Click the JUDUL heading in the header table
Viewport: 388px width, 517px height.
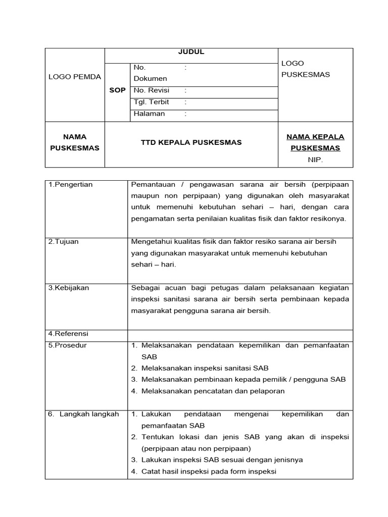point(191,51)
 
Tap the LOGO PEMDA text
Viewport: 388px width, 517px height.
point(75,77)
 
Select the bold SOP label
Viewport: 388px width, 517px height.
point(117,90)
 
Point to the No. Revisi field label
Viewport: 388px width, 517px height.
point(152,90)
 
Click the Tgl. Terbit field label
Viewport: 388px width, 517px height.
point(152,102)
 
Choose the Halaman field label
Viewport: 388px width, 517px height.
point(150,114)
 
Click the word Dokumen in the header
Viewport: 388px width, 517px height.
point(150,79)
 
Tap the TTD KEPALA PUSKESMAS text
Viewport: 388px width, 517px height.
point(191,142)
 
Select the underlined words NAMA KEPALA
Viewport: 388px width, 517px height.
point(315,137)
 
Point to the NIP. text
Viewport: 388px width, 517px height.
point(315,160)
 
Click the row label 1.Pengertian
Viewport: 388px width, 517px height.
point(71,184)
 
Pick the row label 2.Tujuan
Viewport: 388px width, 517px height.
point(64,242)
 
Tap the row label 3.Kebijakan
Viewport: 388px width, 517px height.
point(69,288)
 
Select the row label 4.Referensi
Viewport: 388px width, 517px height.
point(68,334)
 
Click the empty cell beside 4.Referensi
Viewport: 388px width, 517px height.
point(240,334)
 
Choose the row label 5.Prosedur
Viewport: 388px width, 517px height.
point(68,345)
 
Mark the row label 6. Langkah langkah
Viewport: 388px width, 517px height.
point(84,414)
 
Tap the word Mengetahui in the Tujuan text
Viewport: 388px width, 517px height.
point(151,242)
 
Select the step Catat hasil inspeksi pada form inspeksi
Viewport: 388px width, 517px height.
point(209,472)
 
